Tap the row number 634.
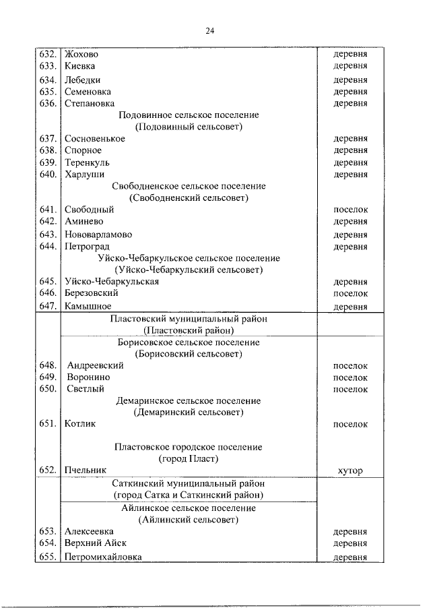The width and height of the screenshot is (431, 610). pyautogui.click(x=47, y=80)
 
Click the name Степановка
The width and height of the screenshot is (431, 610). pyautogui.click(x=89, y=104)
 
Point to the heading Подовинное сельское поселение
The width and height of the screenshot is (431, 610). pyautogui.click(x=189, y=115)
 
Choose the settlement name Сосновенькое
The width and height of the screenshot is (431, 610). pyautogui.click(x=95, y=139)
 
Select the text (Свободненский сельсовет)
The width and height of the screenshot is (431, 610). pyautogui.click(x=189, y=198)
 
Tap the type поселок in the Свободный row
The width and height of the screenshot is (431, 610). pyautogui.click(x=351, y=210)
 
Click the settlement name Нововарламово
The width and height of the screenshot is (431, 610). pyautogui.click(x=98, y=235)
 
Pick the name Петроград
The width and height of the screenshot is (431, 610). pyautogui.click(x=86, y=247)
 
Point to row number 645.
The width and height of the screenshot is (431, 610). pyautogui.click(x=47, y=282)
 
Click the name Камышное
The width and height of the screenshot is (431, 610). pyautogui.click(x=88, y=306)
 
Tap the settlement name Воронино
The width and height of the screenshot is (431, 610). pyautogui.click(x=88, y=377)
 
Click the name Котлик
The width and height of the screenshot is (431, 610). pyautogui.click(x=80, y=424)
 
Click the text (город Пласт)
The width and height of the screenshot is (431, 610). pyautogui.click(x=189, y=459)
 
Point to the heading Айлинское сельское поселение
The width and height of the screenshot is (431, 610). pyautogui.click(x=189, y=508)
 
